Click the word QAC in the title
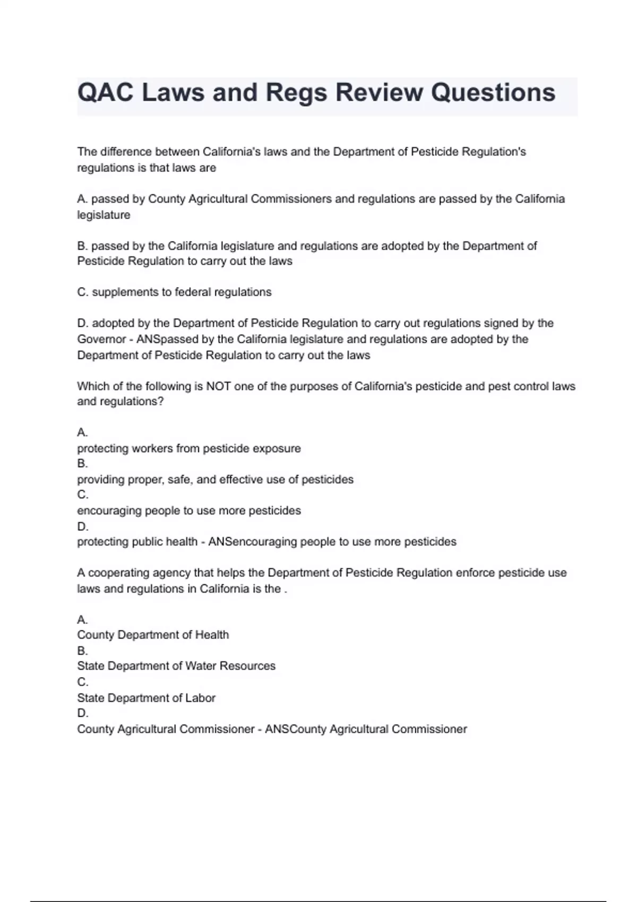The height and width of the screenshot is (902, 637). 105,92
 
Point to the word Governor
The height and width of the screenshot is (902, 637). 101,339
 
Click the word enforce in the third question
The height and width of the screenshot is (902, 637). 475,573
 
